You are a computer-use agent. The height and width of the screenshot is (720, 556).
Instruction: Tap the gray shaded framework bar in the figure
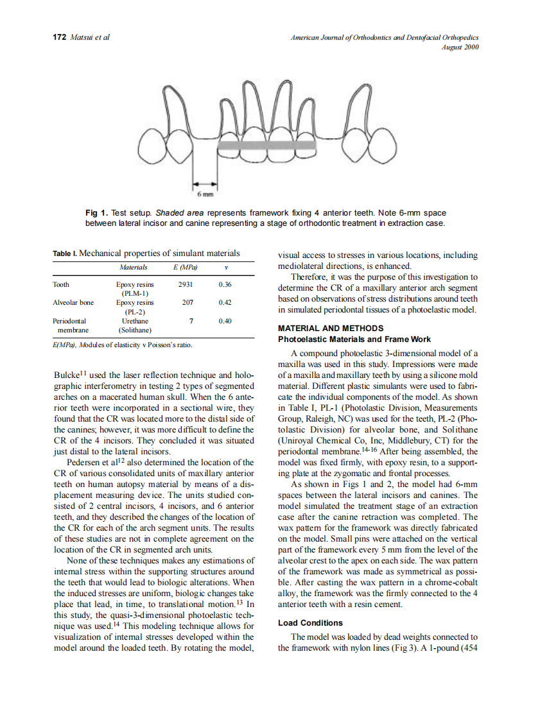pos(267,145)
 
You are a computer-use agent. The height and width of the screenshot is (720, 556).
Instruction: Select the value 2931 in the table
pos(184,284)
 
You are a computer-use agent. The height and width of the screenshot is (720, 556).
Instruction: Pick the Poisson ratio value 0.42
pos(225,302)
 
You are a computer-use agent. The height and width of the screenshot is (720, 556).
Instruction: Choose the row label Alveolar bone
pos(73,302)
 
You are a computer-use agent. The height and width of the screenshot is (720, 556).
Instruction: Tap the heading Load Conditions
pos(310,622)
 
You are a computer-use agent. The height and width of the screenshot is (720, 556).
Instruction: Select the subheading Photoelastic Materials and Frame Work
pos(354,339)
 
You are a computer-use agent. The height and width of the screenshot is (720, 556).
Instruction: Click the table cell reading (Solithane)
pos(135,330)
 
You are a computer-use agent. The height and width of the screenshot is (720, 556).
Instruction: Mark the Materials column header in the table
pos(133,267)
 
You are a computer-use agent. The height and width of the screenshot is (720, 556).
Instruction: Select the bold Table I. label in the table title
pos(64,253)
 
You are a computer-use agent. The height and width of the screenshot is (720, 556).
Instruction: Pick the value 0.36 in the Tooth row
pos(225,284)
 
